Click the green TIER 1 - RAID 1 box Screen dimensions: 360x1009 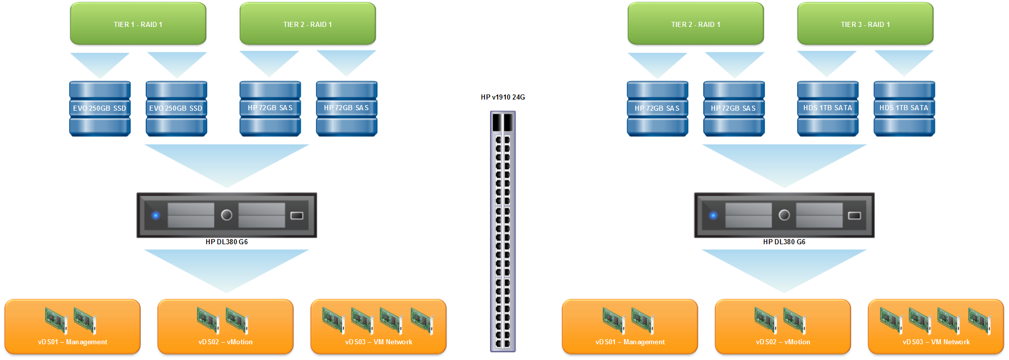[138, 24]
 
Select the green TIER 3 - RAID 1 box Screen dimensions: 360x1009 [865, 24]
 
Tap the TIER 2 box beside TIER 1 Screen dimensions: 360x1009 [308, 24]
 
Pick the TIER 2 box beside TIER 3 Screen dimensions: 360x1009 [696, 24]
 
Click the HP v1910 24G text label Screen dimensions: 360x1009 [503, 97]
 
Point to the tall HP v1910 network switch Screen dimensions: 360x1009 [503, 232]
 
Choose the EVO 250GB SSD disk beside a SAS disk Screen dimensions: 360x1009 [176, 109]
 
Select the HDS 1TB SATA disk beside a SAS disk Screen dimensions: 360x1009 [828, 109]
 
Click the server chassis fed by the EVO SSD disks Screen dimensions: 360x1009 [226, 215]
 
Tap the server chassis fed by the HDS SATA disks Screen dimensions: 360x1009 [784, 215]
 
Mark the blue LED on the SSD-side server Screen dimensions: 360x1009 [156, 215]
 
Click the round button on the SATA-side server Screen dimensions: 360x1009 [784, 215]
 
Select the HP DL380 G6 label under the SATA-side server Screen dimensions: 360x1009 [784, 242]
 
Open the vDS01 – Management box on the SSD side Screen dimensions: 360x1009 [73, 326]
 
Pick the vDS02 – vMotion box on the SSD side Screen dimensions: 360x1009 [225, 326]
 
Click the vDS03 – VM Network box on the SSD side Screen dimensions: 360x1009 [378, 326]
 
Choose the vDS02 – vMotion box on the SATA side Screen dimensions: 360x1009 [783, 326]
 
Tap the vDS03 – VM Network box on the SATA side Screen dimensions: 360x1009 [936, 326]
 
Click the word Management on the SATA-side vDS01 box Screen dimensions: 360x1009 [644, 342]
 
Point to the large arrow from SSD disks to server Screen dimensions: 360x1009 [226, 162]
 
